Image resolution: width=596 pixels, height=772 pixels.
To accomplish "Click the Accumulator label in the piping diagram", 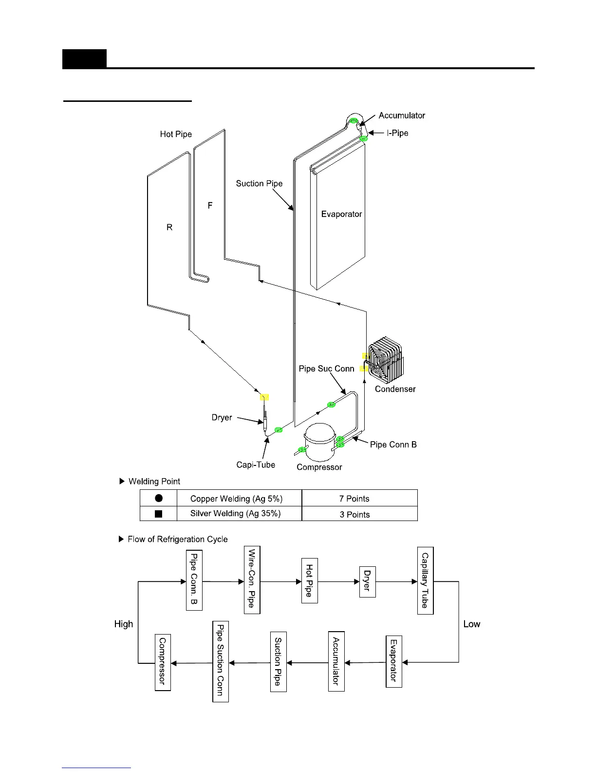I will point(402,116).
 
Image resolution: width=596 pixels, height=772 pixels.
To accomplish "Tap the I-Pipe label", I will point(397,133).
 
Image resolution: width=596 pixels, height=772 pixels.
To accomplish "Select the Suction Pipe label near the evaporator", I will point(259,183).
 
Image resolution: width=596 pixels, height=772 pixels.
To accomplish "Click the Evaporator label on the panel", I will point(341,214).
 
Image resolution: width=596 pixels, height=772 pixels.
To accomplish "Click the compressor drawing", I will point(319,443).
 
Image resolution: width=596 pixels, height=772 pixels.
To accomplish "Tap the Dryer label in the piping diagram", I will point(222,418).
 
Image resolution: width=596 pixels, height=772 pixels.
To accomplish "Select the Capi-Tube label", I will point(256,465).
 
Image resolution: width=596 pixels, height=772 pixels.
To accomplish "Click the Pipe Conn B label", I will point(393,444).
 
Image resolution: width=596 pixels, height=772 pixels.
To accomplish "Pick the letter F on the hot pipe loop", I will point(210,206).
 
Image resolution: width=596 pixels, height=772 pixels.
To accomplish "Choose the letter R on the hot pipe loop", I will point(169,227).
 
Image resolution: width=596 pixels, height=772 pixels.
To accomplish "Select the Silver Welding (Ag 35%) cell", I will point(236,514).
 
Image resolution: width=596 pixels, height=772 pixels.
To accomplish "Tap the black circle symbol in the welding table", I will point(159,498).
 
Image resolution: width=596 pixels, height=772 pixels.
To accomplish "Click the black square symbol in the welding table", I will point(158,514).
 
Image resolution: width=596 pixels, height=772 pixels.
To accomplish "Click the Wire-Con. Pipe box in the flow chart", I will point(252,579).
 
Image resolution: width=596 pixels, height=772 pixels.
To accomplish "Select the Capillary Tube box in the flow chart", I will point(426,580).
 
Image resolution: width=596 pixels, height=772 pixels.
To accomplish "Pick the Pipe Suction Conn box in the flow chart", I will point(221,661).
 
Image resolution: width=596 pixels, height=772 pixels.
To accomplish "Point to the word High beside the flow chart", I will point(124,624).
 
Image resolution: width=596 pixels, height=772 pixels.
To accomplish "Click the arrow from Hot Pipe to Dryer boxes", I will point(338,581).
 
